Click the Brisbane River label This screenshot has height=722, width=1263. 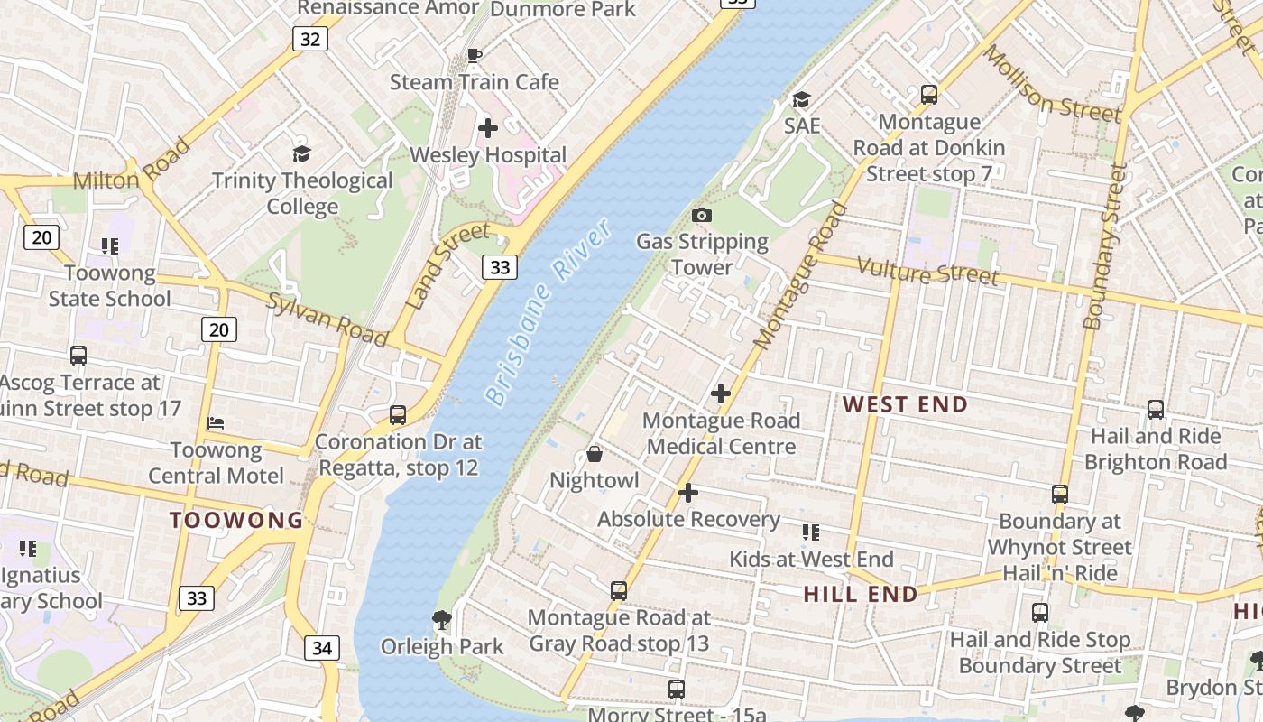549,311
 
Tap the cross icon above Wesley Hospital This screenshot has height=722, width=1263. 488,128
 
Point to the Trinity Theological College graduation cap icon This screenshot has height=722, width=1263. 301,154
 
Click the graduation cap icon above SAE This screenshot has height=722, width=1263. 801,99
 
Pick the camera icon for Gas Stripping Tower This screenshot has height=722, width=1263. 702,215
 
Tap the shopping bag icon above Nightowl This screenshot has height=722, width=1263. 595,454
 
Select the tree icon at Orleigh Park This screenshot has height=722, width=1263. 442,619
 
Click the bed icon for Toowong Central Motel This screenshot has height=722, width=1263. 216,422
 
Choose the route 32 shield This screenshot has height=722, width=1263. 309,39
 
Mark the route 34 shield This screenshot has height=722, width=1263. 322,648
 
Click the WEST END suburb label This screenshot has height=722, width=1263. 905,405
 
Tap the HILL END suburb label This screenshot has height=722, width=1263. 861,594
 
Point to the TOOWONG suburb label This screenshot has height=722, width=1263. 237,520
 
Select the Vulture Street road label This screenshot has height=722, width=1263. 927,272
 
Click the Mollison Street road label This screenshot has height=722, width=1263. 1051,83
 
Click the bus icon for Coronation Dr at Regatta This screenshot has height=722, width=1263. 398,415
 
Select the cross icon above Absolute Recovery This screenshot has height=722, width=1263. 688,493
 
